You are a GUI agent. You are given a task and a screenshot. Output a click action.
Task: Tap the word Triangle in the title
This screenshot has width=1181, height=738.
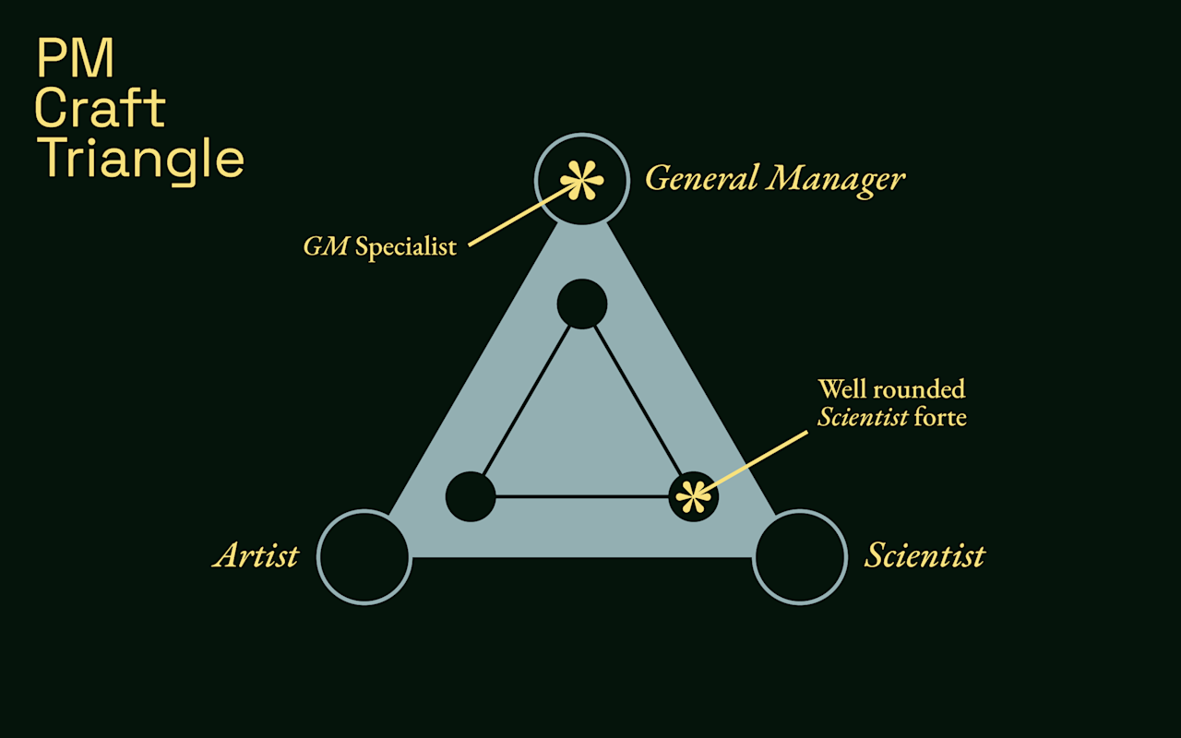click(x=140, y=159)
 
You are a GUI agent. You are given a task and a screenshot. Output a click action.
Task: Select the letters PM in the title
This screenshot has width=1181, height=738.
click(x=76, y=58)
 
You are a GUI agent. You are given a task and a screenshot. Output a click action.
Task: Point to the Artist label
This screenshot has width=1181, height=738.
click(x=256, y=556)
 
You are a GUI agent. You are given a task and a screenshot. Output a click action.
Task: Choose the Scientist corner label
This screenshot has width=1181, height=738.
click(x=925, y=556)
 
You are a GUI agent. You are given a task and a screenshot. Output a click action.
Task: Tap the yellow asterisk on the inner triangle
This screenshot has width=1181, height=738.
click(x=693, y=497)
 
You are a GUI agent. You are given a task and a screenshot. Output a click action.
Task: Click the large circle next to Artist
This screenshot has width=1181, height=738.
click(x=364, y=557)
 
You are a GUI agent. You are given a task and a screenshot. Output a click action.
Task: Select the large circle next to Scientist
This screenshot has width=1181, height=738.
click(x=800, y=557)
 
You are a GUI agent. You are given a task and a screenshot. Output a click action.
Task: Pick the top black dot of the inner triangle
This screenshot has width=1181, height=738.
click(x=582, y=304)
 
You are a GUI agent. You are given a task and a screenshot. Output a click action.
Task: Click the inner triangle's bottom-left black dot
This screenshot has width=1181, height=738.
click(x=471, y=496)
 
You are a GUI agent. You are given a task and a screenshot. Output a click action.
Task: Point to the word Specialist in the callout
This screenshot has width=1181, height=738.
click(x=406, y=247)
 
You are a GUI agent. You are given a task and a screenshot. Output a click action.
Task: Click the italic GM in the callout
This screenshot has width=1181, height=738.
click(x=326, y=247)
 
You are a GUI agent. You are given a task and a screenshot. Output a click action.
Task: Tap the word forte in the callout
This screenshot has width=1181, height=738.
click(x=940, y=417)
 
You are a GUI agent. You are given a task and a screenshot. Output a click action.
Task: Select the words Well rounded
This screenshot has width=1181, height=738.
click(x=891, y=388)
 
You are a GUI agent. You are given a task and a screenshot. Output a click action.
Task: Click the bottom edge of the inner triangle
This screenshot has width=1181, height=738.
click(x=581, y=497)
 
